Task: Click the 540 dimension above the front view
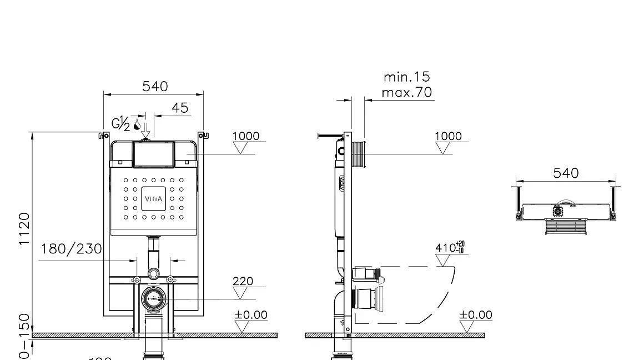point(155,86)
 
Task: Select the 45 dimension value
point(180,108)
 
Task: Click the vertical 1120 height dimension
point(24,229)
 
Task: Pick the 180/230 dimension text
point(71,248)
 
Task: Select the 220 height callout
point(243,281)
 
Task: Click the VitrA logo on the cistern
point(154,199)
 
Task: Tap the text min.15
point(406,77)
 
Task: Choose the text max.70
point(406,92)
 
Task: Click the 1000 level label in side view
point(447,136)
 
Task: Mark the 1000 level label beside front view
point(245,136)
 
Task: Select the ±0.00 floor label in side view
point(475,315)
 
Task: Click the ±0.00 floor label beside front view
point(250,315)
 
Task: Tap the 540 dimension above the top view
point(566,173)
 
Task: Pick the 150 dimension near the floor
point(24,325)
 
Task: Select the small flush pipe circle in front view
point(153,273)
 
